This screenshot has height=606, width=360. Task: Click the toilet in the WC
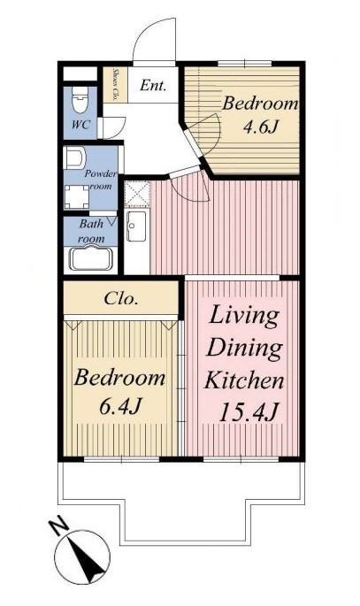coord(80,99)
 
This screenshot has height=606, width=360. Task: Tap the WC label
coord(81,125)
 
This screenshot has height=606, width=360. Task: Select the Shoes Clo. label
coord(115,85)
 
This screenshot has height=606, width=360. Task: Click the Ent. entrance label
coord(153,85)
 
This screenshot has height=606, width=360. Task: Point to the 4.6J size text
coord(260,127)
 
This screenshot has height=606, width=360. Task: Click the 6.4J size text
coord(119,406)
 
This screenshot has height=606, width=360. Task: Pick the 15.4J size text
coord(249,412)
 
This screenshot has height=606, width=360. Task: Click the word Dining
coord(244,348)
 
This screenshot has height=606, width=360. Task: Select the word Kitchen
coord(244,380)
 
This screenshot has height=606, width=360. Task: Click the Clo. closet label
coord(121,299)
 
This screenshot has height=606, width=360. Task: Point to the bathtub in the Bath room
coord(90,258)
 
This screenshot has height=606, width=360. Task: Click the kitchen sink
coord(137,226)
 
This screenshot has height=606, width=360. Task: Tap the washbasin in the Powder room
coord(74,157)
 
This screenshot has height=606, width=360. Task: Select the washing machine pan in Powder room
coord(76,197)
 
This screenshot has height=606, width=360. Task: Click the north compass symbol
coord(82,557)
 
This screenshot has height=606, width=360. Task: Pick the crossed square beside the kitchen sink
coord(137,193)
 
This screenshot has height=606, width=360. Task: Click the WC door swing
coord(115,128)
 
